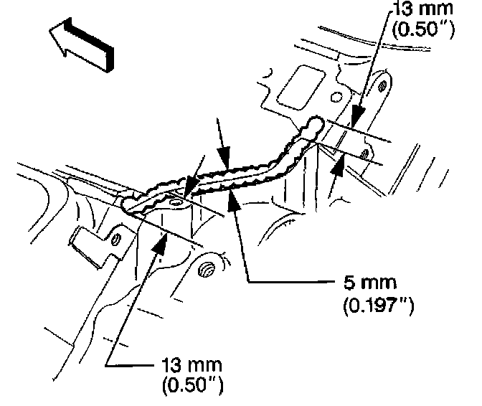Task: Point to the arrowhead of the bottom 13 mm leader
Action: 160,239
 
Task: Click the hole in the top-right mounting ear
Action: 383,87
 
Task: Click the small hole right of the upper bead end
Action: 365,154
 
